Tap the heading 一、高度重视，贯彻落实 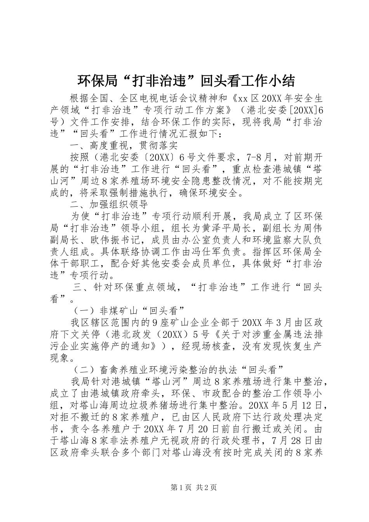tap(124, 146)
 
